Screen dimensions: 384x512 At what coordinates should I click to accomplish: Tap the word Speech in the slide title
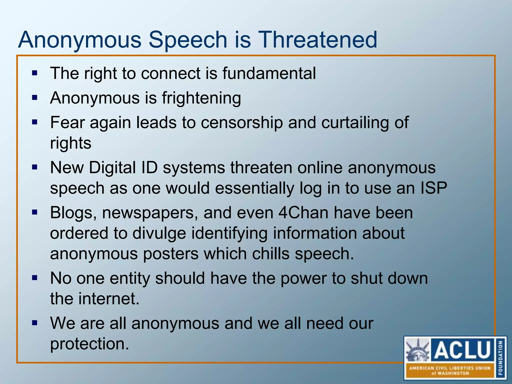(187, 40)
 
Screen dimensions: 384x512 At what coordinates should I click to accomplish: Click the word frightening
(201, 98)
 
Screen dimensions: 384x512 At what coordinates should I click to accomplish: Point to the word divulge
(159, 233)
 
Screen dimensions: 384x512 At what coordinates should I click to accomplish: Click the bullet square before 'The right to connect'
(35, 73)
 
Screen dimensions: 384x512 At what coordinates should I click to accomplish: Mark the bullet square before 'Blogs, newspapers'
(35, 213)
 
